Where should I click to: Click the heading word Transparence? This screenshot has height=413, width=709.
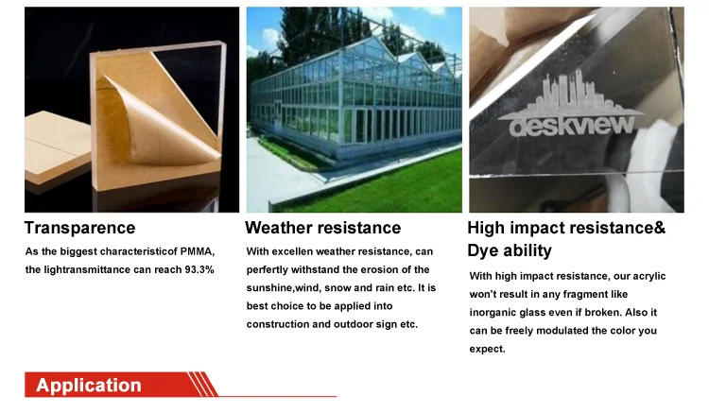(79, 228)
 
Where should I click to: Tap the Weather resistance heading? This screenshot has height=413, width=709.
(323, 228)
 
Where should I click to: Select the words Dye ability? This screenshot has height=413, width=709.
(510, 250)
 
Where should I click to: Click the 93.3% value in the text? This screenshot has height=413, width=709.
(199, 269)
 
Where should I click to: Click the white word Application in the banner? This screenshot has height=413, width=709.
(89, 385)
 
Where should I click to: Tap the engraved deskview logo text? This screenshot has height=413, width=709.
(572, 125)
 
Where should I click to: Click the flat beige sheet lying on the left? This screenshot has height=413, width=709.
(57, 146)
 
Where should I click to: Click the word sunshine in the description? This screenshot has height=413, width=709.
(269, 288)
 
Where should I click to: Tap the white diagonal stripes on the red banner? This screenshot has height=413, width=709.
(202, 384)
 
